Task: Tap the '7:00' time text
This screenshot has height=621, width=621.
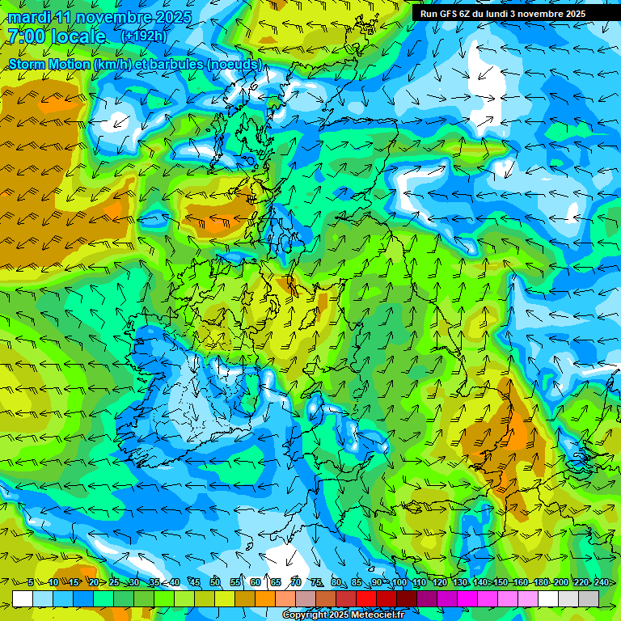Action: click(25, 36)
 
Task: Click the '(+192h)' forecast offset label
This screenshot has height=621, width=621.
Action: click(144, 36)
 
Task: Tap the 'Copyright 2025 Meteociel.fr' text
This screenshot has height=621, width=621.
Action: click(343, 615)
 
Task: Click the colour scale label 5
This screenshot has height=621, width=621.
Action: click(31, 582)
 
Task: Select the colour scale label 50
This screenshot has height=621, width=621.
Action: click(215, 582)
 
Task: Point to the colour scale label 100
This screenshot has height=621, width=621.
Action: click(399, 582)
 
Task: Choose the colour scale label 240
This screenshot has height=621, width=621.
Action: click(602, 582)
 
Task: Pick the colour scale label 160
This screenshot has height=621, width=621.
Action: click(521, 582)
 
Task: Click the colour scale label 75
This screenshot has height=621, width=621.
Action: click(317, 582)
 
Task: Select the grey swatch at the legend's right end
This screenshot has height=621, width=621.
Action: click(589, 598)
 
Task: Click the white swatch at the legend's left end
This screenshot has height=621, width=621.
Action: click(23, 598)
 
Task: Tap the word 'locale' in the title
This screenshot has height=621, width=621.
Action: click(78, 36)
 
